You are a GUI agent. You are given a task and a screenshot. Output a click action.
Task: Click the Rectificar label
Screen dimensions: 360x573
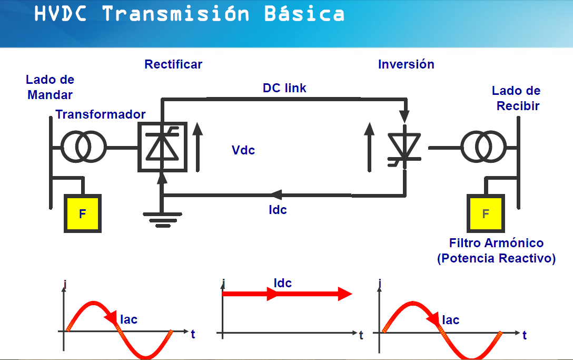[x=173, y=64]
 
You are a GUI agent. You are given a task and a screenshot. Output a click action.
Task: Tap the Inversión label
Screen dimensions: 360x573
[x=406, y=64]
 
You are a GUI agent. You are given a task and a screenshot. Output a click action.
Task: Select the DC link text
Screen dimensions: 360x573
[x=284, y=88]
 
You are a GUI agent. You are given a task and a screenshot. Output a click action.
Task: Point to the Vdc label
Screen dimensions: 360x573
[x=243, y=150]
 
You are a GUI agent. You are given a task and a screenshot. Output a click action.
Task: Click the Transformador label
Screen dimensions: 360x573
[x=101, y=114]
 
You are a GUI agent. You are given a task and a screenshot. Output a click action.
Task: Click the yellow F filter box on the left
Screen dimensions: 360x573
[x=83, y=213]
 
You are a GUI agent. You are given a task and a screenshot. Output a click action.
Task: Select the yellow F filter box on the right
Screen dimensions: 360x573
[x=486, y=213]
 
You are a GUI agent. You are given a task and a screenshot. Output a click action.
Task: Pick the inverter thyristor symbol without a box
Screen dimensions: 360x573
[x=404, y=146]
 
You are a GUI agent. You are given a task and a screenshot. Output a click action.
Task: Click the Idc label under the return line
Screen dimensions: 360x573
[x=278, y=210]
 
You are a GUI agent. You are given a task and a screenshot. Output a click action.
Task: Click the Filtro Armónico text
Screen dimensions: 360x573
[x=496, y=243]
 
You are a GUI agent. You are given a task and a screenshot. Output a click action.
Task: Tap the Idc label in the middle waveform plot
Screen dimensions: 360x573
[x=283, y=283]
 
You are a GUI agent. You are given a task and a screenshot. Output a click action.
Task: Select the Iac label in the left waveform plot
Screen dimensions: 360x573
[x=129, y=319]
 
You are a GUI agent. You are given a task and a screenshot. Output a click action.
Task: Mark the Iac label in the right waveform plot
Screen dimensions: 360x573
[x=450, y=319]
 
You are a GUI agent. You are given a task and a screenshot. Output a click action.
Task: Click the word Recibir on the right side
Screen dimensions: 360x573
[x=518, y=106]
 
